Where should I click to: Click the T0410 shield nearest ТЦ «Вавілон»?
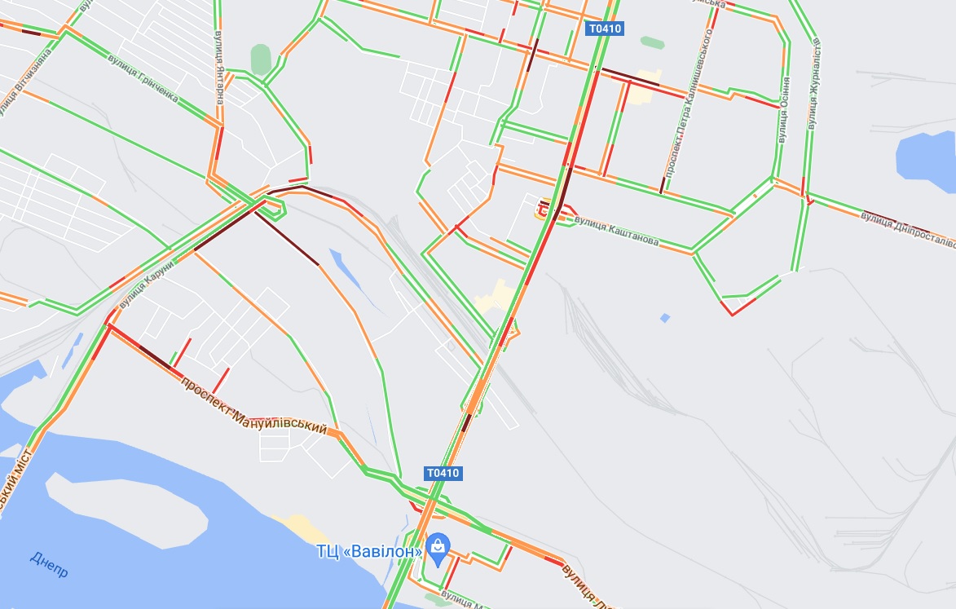[x=443, y=473]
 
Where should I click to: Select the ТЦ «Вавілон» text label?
[x=369, y=552]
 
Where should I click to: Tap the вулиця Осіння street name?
[x=783, y=110]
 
